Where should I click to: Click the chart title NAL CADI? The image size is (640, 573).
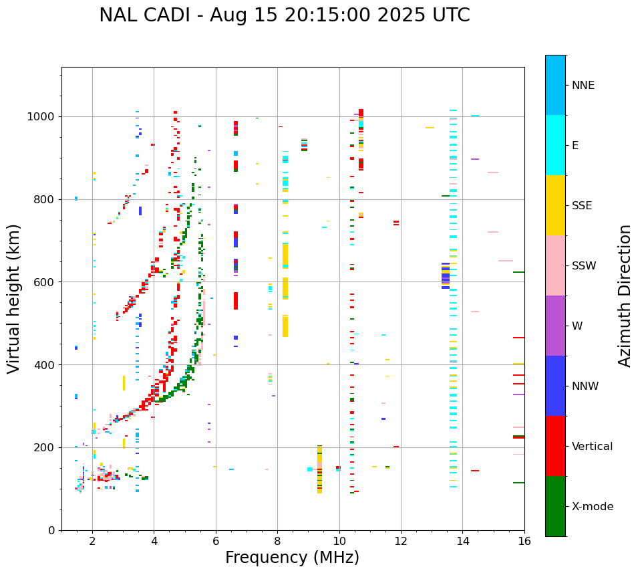pos(284,15)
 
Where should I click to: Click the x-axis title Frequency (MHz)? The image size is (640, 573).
pos(292,558)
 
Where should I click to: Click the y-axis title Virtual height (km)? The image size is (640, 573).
pos(15,298)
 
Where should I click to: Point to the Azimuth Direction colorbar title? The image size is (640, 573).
pos(625,296)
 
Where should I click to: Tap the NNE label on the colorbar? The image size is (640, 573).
pos(583,86)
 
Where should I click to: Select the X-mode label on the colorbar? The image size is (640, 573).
pos(593,507)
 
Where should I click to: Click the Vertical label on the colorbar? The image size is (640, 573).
pos(593,447)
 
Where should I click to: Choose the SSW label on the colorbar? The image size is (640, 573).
pos(584,266)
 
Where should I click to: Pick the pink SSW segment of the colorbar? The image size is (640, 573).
pos(555,265)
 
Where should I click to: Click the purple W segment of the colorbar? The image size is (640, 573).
pos(555,326)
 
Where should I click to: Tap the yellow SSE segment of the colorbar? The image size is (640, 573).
pos(555,205)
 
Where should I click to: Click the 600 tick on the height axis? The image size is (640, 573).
pos(45,282)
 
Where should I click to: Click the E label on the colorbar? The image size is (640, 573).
pos(575,146)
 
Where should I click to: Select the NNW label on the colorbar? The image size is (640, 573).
pos(585,386)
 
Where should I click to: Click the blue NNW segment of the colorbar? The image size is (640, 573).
pos(555,386)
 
